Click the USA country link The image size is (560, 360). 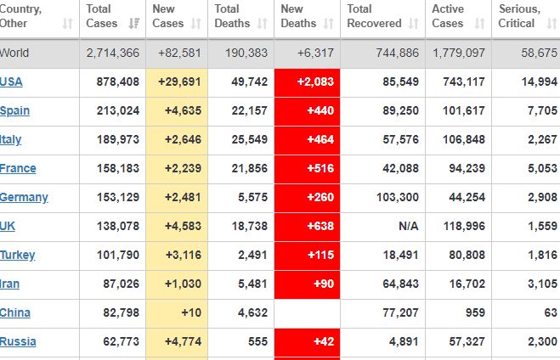[12, 82]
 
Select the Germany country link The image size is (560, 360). [24, 197]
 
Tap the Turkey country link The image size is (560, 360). [17, 255]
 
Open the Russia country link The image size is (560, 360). [17, 341]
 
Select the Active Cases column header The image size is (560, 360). [448, 16]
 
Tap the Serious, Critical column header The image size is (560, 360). [519, 16]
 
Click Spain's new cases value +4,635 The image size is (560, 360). [179, 110]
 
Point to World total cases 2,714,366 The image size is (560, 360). [113, 53]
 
